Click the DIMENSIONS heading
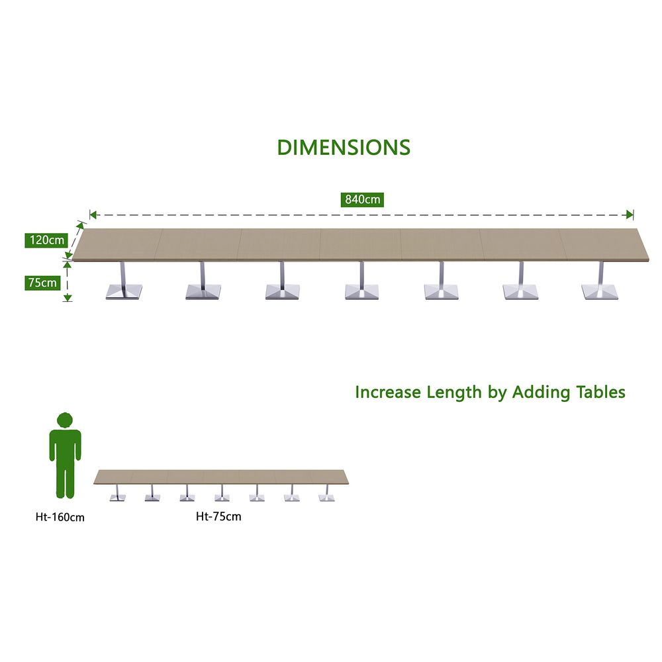tap(344, 147)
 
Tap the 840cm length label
tap(362, 199)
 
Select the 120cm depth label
tap(46, 240)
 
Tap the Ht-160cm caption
tap(60, 517)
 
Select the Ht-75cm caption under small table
tap(218, 516)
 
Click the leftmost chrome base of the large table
tap(124, 291)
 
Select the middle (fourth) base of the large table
tap(361, 291)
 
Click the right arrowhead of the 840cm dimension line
tap(630, 214)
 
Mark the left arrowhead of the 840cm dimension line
tap(93, 214)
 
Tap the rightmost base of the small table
tap(326, 496)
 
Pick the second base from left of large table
tap(203, 291)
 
